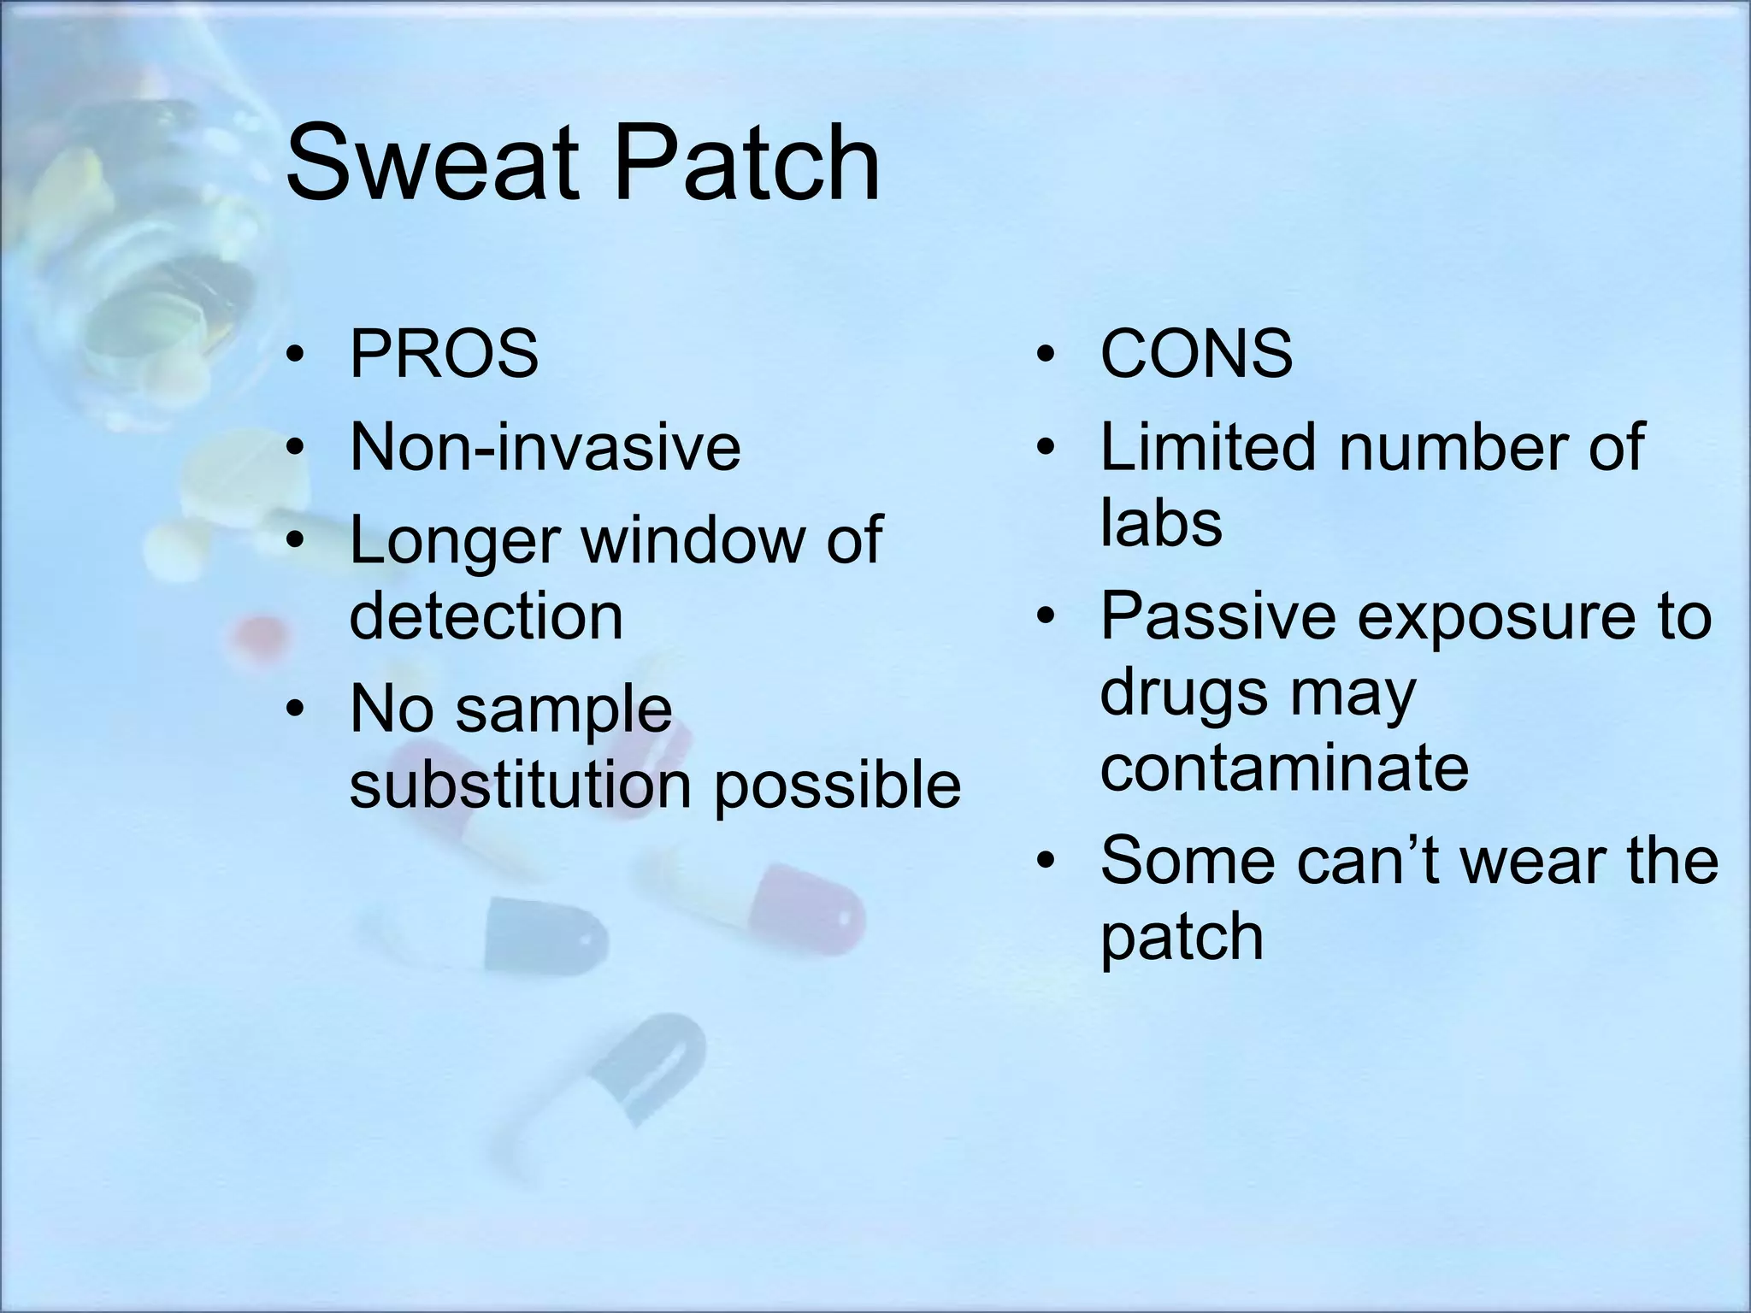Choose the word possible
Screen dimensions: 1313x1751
pos(837,785)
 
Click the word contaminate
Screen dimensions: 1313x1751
pos(1283,767)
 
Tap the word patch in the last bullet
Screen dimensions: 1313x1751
pos(1181,938)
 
